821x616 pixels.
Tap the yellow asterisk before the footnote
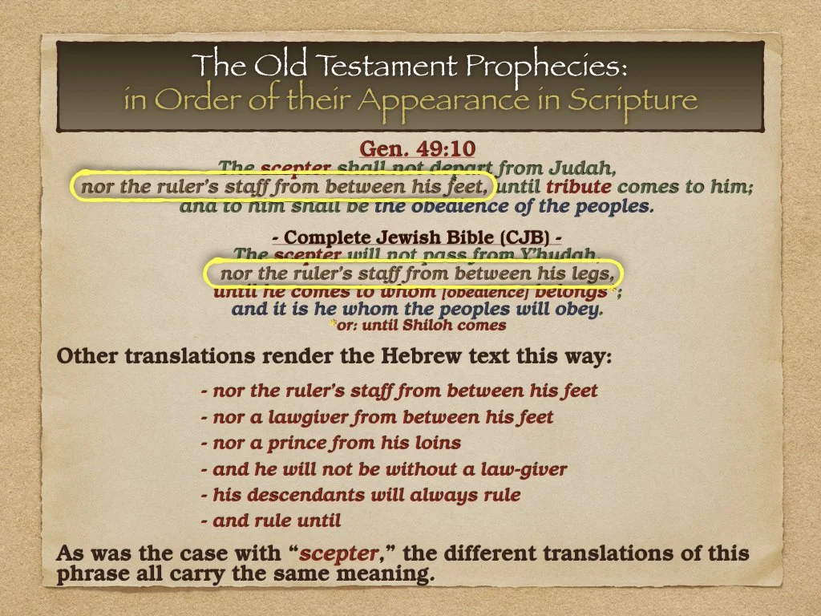click(x=333, y=326)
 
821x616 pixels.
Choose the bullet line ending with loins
click(x=331, y=443)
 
